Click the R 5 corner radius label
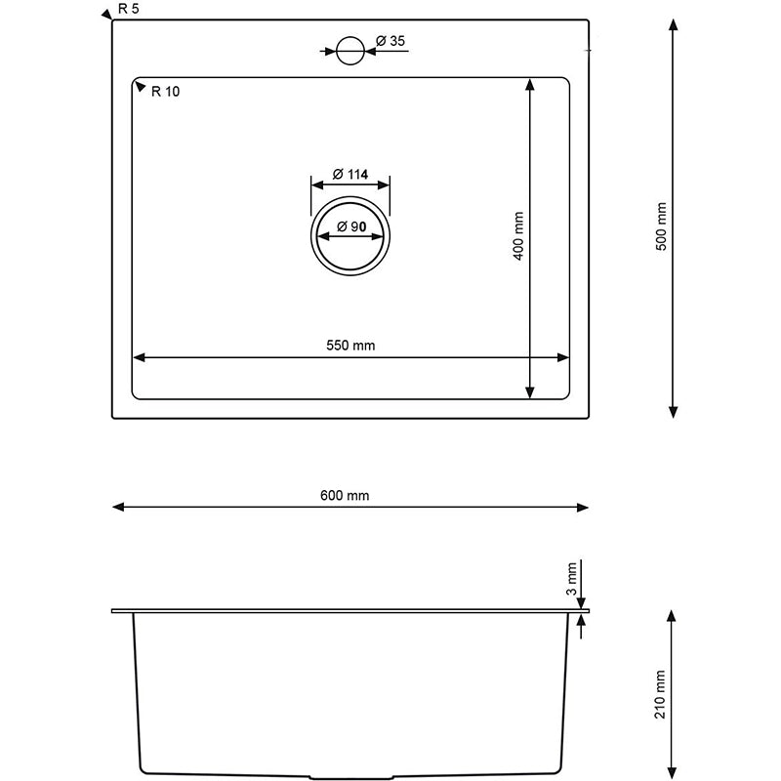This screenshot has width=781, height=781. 129,9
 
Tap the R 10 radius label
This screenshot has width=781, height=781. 165,92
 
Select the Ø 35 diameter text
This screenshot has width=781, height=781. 390,41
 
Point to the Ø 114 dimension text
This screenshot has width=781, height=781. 350,175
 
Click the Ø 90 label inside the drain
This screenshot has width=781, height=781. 351,226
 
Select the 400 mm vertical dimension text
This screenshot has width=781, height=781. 518,235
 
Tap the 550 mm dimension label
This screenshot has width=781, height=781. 350,346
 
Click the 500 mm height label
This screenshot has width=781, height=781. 661,226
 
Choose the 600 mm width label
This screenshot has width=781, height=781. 345,496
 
